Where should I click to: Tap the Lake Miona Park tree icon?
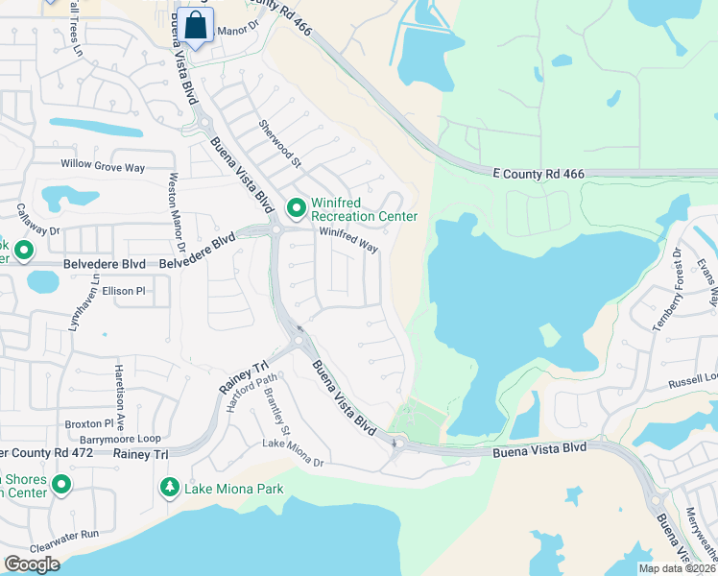tap(170, 489)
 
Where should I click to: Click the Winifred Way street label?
tap(347, 238)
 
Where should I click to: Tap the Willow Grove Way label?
tap(103, 166)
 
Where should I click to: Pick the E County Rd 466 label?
tap(538, 174)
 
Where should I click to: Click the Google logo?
tap(33, 564)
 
